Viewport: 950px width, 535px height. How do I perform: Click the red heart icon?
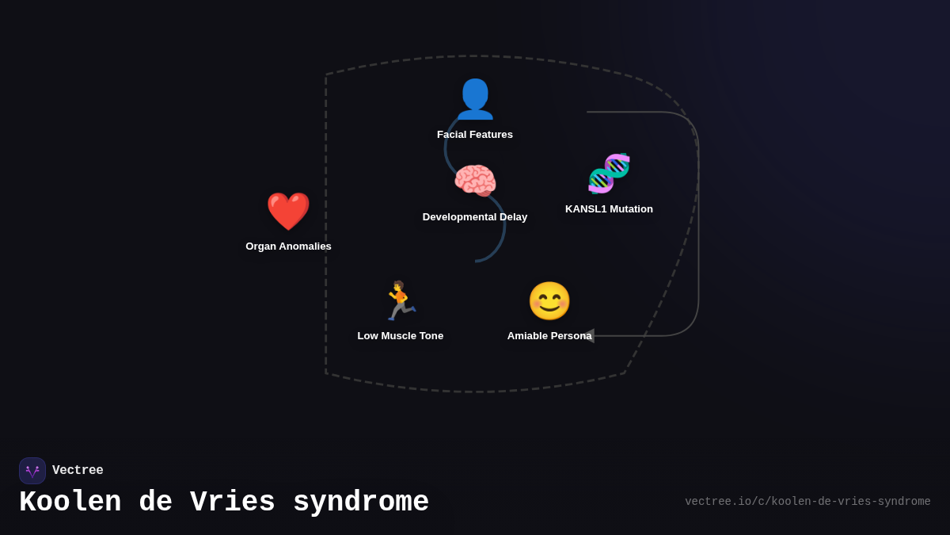[x=288, y=212]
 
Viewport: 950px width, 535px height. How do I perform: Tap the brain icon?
[x=475, y=182]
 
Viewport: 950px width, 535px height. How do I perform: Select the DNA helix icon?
[x=609, y=174]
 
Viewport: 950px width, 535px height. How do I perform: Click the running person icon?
[x=400, y=301]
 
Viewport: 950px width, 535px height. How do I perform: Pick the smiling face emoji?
[x=549, y=301]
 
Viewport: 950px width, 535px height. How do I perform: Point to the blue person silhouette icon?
[x=475, y=99]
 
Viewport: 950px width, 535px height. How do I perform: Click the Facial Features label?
[x=475, y=135]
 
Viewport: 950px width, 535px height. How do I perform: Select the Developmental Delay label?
[x=475, y=217]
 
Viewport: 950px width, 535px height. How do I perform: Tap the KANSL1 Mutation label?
[x=609, y=209]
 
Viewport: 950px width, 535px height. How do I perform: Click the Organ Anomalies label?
[x=288, y=246]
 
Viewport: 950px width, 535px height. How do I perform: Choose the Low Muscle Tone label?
[x=400, y=336]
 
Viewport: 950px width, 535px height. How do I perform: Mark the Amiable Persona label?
[x=549, y=336]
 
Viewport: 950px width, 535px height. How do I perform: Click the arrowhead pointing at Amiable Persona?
[x=588, y=336]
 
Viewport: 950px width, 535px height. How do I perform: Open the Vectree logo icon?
[x=32, y=471]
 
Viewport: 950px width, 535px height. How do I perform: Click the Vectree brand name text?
[x=78, y=471]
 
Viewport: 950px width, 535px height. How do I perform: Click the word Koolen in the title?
[x=70, y=503]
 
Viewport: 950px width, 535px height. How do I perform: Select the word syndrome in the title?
[x=361, y=503]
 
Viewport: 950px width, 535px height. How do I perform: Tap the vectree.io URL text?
[x=807, y=502]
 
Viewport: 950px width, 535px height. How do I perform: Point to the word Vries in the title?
[x=233, y=503]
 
